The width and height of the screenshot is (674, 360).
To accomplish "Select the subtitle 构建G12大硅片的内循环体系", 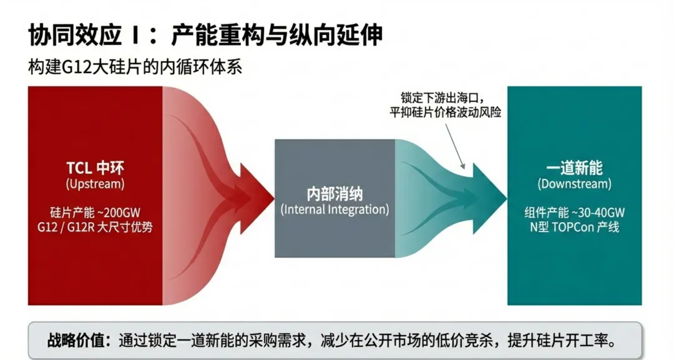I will point(135,66).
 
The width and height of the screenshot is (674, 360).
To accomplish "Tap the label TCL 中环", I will point(95,168).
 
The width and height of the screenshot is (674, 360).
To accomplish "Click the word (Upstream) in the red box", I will point(95,184).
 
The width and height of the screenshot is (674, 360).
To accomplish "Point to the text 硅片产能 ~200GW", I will point(95,212).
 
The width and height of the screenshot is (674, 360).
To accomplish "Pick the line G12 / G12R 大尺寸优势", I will point(95,227).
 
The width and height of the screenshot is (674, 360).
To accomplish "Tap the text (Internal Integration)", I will point(335,210).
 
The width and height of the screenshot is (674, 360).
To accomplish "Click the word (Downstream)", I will point(574,184).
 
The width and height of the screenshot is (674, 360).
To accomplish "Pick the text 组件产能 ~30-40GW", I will point(574,212).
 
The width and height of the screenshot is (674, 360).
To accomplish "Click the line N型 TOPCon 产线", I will point(574,227).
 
